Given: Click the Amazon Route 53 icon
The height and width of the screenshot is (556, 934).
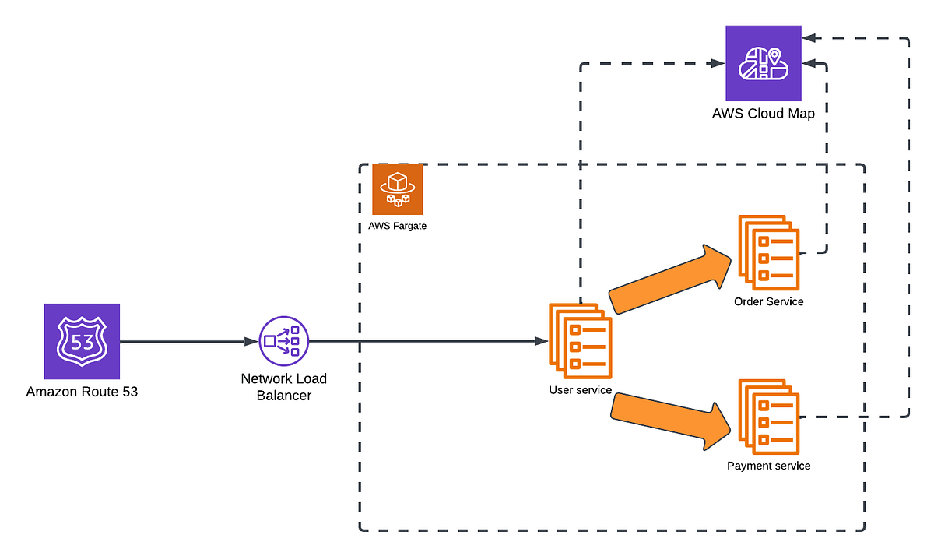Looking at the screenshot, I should click(x=82, y=341).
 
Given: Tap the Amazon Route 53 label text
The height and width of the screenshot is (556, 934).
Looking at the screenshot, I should click(x=82, y=392).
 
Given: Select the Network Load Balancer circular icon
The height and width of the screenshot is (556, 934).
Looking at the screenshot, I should click(x=283, y=341).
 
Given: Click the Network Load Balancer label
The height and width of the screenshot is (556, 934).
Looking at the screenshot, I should click(x=283, y=387).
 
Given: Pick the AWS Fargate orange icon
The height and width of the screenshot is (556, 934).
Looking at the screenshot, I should click(x=397, y=189).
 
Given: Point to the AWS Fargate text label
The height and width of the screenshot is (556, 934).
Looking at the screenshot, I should click(x=397, y=226).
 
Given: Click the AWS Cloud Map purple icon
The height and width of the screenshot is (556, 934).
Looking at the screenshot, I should click(x=763, y=63).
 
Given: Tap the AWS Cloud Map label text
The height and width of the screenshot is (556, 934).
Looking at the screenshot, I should click(x=763, y=114).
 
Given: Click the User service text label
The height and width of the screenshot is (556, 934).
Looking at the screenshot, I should click(x=581, y=390).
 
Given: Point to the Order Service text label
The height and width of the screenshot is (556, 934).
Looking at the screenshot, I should click(x=768, y=301).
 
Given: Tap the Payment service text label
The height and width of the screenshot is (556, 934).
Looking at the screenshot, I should click(x=768, y=466).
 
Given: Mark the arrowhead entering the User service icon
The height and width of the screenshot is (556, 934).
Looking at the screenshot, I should click(x=540, y=341).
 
